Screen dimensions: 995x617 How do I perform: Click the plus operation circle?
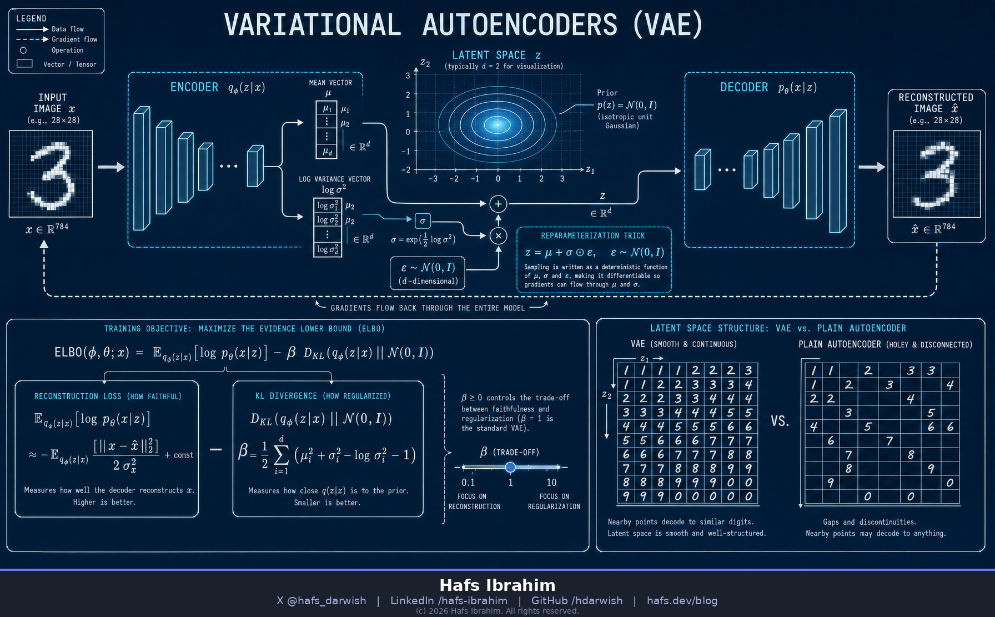(x=498, y=204)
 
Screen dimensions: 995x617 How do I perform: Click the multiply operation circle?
(x=498, y=236)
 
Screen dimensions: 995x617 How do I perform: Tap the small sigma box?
(x=423, y=221)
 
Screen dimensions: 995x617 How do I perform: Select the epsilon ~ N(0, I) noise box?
(x=428, y=273)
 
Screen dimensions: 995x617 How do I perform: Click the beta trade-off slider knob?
(x=510, y=467)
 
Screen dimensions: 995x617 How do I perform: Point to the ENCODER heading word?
(x=194, y=87)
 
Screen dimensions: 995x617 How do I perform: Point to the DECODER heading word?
(x=744, y=87)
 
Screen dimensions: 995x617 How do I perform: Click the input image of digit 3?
(x=51, y=174)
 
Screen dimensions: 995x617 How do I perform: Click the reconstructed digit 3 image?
(x=937, y=174)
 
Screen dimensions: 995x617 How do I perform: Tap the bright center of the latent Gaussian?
(x=497, y=125)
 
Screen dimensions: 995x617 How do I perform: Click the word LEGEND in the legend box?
(x=31, y=18)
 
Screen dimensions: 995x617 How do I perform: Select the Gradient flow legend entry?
(x=57, y=39)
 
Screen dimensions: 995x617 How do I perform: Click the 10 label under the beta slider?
(x=551, y=483)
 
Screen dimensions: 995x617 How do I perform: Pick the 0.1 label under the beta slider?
(x=468, y=483)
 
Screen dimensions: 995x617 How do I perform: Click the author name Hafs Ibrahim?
(x=497, y=585)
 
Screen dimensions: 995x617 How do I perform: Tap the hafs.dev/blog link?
(x=682, y=601)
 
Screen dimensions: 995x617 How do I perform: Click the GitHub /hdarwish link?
(x=577, y=601)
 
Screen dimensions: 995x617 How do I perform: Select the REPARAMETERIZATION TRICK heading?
(x=593, y=236)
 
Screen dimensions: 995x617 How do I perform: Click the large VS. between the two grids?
(x=780, y=421)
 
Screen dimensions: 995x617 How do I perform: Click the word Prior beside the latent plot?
(x=607, y=93)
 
